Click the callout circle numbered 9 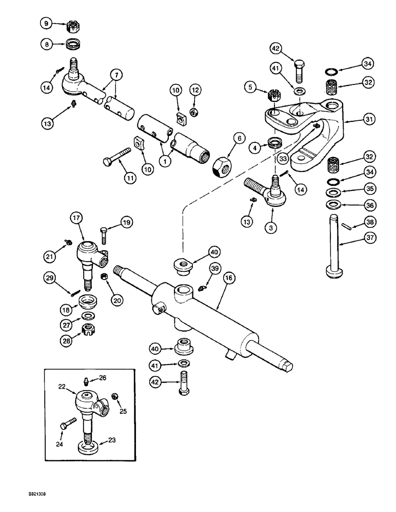click(46, 24)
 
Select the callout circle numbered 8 click(46, 44)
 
